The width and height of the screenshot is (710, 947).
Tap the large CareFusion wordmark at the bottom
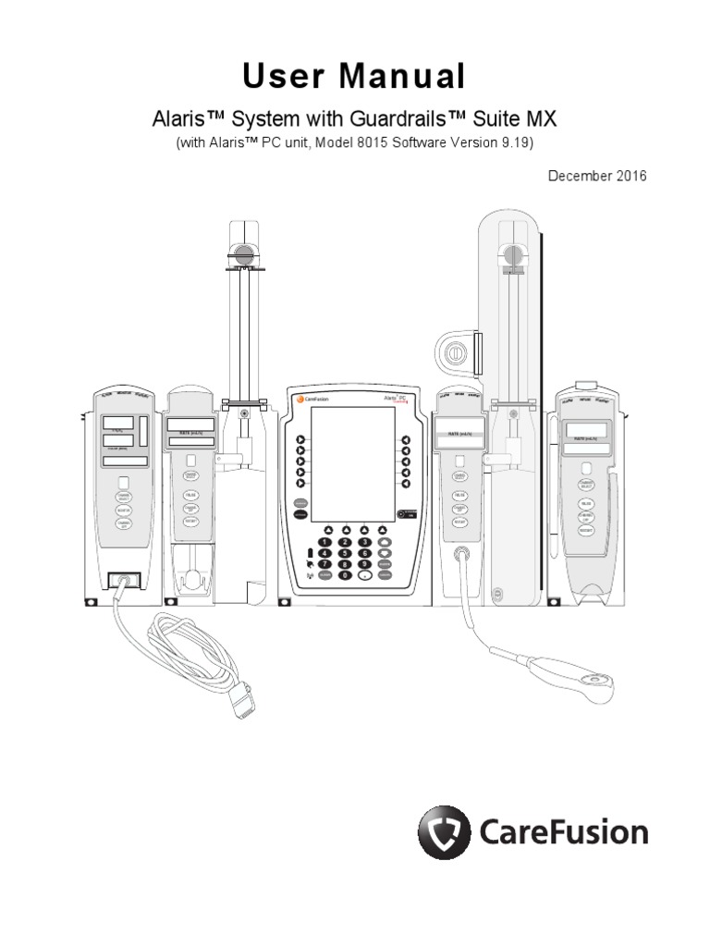[564, 832]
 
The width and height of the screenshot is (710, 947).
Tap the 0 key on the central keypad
[344, 574]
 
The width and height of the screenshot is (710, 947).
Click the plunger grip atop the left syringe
[242, 253]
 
